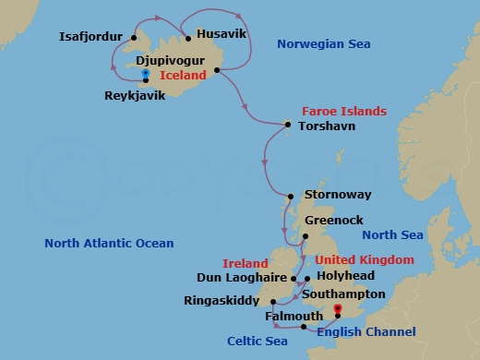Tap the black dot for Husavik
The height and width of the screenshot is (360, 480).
pyautogui.click(x=187, y=39)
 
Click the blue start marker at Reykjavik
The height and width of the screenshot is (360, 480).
pyautogui.click(x=147, y=70)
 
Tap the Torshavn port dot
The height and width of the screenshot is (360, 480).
pyautogui.click(x=288, y=125)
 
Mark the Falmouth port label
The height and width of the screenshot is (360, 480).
pyautogui.click(x=293, y=316)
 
